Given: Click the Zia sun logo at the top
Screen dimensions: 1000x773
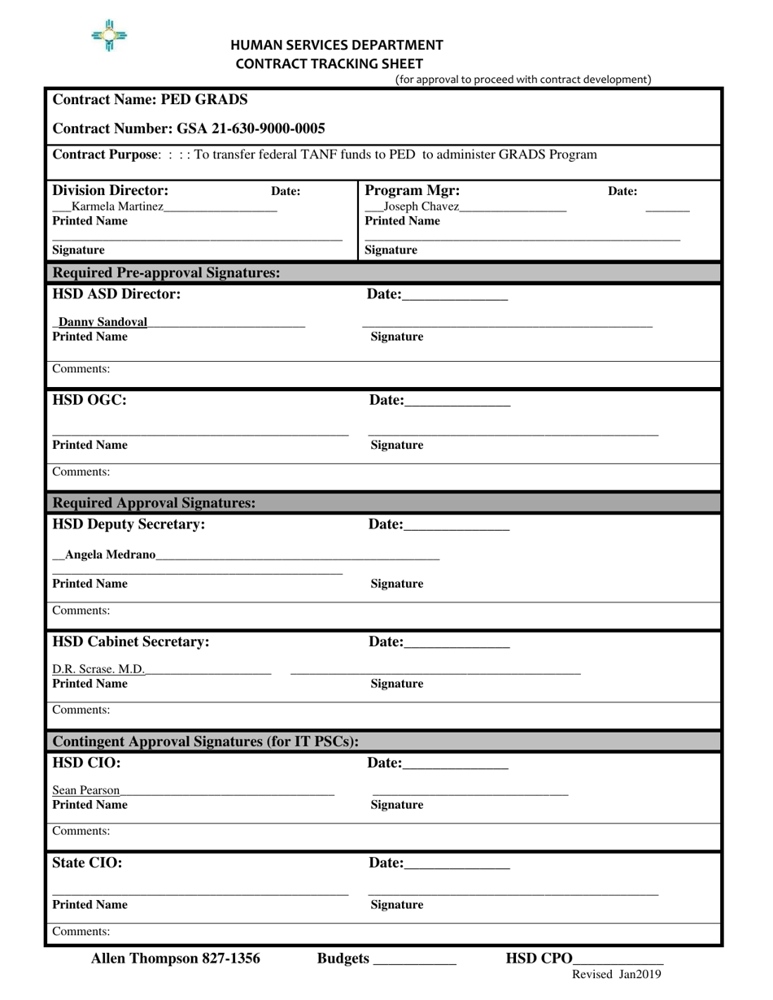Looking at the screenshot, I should [109, 36].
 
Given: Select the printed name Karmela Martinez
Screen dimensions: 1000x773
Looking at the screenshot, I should [117, 207].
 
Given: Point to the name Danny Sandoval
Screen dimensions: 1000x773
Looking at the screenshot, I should [103, 322].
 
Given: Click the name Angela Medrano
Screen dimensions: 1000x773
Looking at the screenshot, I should [110, 554].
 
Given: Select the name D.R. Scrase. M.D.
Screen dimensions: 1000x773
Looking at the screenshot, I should [98, 669].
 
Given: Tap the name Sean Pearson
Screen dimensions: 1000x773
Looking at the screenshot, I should [86, 790].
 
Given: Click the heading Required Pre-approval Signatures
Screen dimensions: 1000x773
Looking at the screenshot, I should [166, 272].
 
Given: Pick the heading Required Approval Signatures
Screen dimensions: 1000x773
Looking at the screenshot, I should [154, 503].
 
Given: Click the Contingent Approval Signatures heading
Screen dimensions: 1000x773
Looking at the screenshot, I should [205, 741].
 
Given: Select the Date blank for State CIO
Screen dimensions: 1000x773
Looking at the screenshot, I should [456, 865].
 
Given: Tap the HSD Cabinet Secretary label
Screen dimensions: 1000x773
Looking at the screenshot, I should [131, 641].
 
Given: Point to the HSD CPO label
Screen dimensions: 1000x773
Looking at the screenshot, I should [539, 959].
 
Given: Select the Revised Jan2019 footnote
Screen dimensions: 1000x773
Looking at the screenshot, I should [617, 974].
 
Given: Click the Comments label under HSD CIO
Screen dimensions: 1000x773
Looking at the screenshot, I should [81, 831].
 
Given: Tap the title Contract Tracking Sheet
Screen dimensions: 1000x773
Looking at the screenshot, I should [330, 63].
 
